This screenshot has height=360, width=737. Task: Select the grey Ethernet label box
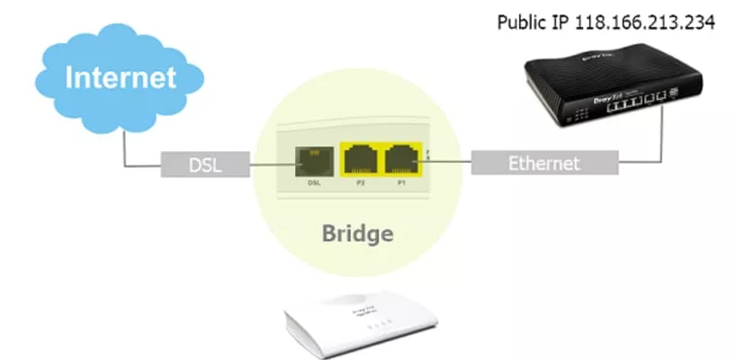coord(544,164)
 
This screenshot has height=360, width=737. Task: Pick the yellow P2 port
coord(361,158)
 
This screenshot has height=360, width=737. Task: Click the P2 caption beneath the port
coord(360,183)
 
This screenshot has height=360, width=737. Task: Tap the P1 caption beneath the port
coord(403,183)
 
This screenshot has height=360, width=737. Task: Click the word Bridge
coord(358,234)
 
